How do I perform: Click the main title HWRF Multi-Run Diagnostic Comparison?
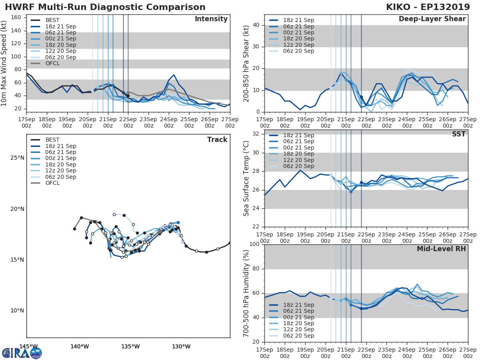[105, 7]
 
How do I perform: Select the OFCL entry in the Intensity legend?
[53, 63]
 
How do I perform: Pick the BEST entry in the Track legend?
[52, 140]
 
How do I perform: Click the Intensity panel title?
[211, 19]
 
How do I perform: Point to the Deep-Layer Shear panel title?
[432, 19]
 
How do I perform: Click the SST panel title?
[458, 134]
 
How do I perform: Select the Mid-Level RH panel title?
[441, 249]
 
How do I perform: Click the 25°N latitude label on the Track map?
[17, 158]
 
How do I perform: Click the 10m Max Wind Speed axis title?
[4, 63]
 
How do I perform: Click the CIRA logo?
[22, 353]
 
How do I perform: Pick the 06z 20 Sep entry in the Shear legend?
[297, 51]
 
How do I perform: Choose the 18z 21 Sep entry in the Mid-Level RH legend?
[297, 305]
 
